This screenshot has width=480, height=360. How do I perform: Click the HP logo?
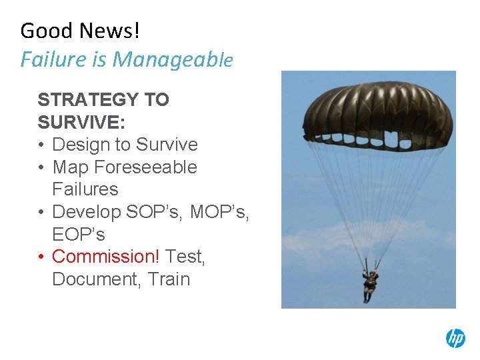[x=455, y=338]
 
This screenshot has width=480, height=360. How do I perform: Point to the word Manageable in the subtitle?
[x=173, y=60]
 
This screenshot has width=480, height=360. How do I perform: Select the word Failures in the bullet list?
[x=85, y=189]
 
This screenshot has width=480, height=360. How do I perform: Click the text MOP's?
[x=219, y=212]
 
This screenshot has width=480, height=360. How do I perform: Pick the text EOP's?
[x=78, y=235]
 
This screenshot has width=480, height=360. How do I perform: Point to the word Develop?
[x=85, y=212]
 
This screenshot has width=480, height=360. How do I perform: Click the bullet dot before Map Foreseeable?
[x=42, y=167]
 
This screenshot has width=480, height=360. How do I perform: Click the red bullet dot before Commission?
[x=42, y=257]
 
